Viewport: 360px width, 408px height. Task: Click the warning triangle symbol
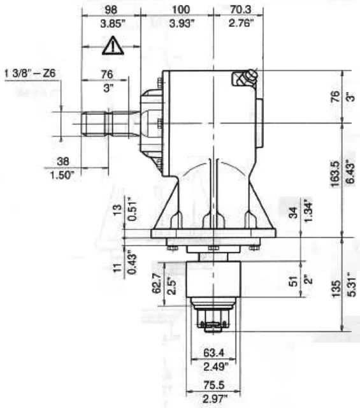(x=113, y=45)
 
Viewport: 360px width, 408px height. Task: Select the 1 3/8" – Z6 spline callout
(x=30, y=73)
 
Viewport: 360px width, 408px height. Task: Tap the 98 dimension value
(x=111, y=10)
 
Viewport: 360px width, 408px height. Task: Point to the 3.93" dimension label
(x=182, y=24)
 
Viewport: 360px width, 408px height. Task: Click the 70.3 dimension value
(x=241, y=10)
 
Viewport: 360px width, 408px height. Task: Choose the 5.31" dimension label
(x=352, y=284)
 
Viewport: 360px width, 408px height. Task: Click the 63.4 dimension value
(x=213, y=353)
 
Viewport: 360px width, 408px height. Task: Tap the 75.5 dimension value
(x=214, y=385)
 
